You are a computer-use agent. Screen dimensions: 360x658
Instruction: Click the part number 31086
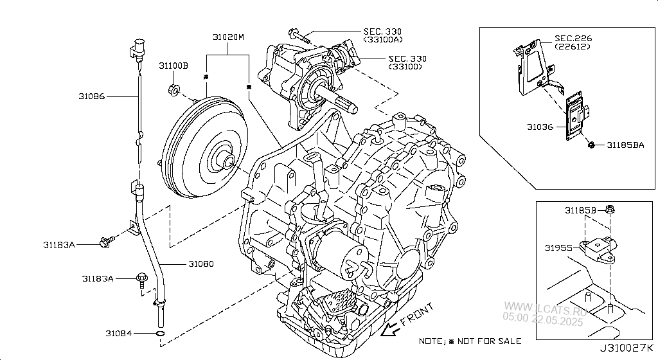(91, 97)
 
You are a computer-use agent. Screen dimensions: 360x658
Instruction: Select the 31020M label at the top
(229, 37)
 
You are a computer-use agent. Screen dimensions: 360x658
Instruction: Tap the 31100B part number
(173, 66)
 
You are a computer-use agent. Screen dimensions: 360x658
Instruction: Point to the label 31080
(201, 264)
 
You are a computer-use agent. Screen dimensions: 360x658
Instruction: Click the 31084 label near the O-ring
(119, 333)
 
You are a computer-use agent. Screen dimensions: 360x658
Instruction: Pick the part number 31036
(540, 127)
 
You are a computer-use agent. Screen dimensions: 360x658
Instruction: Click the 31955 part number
(558, 248)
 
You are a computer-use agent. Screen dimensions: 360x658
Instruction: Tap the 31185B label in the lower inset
(581, 210)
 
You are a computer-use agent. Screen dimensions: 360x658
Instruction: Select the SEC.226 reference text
(574, 39)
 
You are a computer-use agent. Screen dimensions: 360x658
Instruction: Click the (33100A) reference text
(383, 40)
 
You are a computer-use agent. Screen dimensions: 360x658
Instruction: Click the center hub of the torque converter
(226, 161)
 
